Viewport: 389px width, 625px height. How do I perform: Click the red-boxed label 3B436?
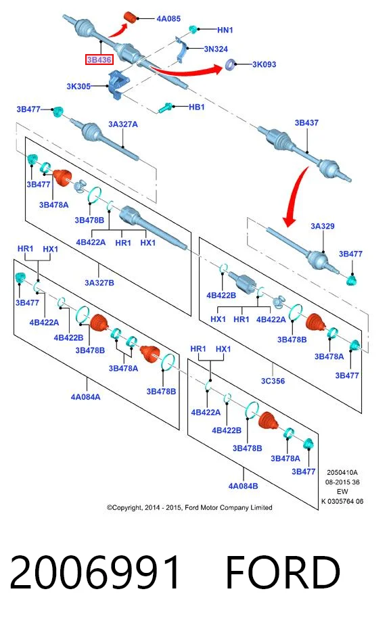coord(99,60)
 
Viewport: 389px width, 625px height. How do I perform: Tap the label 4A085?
coord(168,19)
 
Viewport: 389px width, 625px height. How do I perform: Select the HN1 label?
coord(225,30)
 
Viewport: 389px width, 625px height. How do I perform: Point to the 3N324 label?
coord(216,49)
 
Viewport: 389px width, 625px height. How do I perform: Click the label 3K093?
coord(264,64)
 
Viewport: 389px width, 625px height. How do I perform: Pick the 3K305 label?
coord(78,86)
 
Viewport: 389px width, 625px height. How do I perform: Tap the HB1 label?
coord(196,107)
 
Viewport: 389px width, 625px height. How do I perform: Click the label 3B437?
coord(306,123)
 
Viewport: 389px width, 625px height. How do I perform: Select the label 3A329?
coord(323,226)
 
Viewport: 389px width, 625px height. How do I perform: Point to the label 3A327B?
coord(99,283)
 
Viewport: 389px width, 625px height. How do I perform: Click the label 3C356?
coord(273,381)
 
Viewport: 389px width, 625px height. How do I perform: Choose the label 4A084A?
coord(86,397)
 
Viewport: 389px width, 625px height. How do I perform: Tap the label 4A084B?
coord(243,486)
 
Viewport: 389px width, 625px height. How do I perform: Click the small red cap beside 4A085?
coord(131,18)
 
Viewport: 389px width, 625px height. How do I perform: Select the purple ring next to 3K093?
coord(230,64)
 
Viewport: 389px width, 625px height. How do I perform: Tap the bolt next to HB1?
coord(165,108)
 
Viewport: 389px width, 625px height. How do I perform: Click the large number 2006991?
coord(95,573)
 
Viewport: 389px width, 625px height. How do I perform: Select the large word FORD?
coord(283,573)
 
